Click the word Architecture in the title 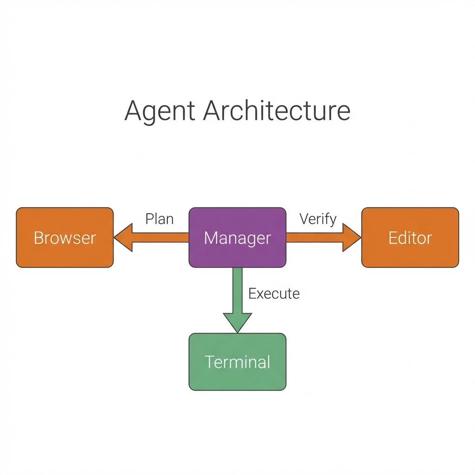point(276,111)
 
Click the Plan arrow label point(159,219)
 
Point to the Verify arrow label point(318,219)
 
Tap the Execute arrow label point(274,294)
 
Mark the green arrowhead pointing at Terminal point(237,322)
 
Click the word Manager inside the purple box point(237,238)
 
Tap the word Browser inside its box point(64,238)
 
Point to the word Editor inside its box point(410,238)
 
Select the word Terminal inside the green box point(237,362)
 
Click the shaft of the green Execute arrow point(237,290)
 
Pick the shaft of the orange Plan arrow point(160,237)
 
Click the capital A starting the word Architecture point(212,111)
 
